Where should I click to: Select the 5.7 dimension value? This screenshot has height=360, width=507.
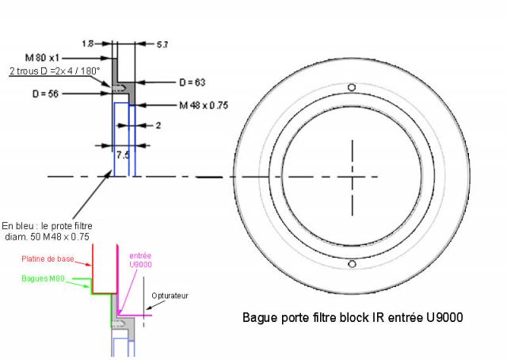[x=162, y=44]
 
